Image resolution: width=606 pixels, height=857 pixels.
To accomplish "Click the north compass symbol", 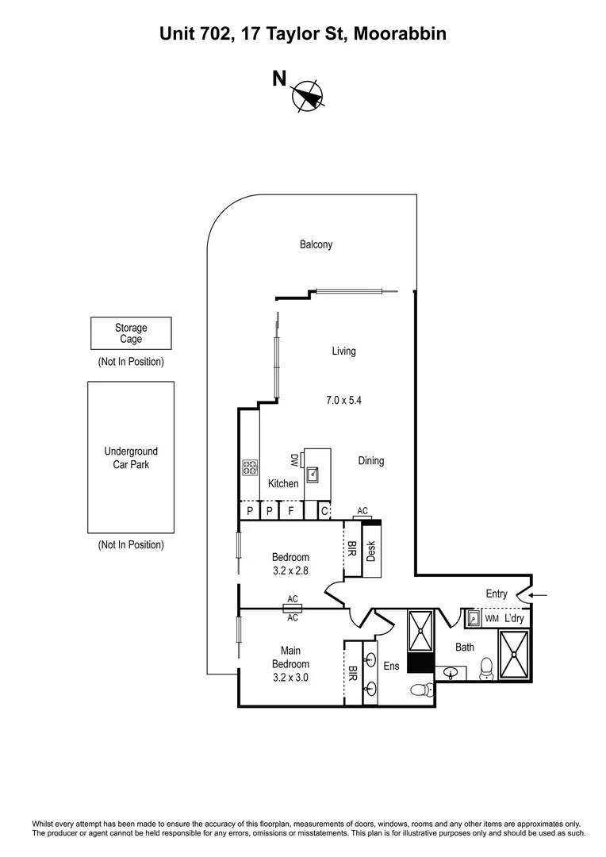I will coord(308,94).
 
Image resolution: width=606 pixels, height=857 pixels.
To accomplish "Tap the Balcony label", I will coord(316,245).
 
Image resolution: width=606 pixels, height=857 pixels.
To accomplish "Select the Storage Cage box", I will coord(131,333).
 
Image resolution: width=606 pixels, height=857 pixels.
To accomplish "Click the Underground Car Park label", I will coord(131,458).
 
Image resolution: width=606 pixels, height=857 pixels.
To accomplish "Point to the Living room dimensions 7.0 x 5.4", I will coord(343,401).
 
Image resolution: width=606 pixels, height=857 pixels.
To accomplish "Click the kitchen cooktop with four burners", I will coord(251,468).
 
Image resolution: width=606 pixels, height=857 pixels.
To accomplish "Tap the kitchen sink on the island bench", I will coord(313,474).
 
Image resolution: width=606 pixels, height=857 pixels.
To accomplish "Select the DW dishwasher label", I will coord(293,460).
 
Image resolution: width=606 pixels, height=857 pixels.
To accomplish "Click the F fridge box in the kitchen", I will coord(291,511).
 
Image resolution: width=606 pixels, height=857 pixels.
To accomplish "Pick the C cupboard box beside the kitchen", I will coord(324,511).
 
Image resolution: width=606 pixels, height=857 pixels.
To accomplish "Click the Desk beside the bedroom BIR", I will coord(370,551).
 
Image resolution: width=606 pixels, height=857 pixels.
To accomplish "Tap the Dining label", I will coord(370,461).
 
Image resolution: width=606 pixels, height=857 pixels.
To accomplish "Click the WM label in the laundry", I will coord(492,617).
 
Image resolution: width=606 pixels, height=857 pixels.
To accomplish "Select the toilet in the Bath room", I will coord(486,671).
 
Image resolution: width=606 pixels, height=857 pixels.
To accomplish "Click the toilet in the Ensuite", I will coord(420,691).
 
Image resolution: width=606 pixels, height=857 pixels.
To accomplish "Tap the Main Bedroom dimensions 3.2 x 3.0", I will coord(290,678).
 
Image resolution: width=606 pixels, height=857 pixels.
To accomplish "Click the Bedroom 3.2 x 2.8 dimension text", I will coord(290,571).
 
